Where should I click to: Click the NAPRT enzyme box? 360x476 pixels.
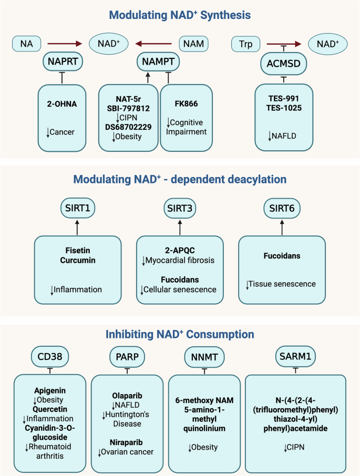point(62,62)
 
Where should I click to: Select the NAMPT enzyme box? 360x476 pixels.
point(158,62)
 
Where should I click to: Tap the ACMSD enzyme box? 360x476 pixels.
point(284,66)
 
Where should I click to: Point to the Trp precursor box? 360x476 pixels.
point(248,44)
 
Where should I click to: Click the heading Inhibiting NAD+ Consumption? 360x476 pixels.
point(180,334)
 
